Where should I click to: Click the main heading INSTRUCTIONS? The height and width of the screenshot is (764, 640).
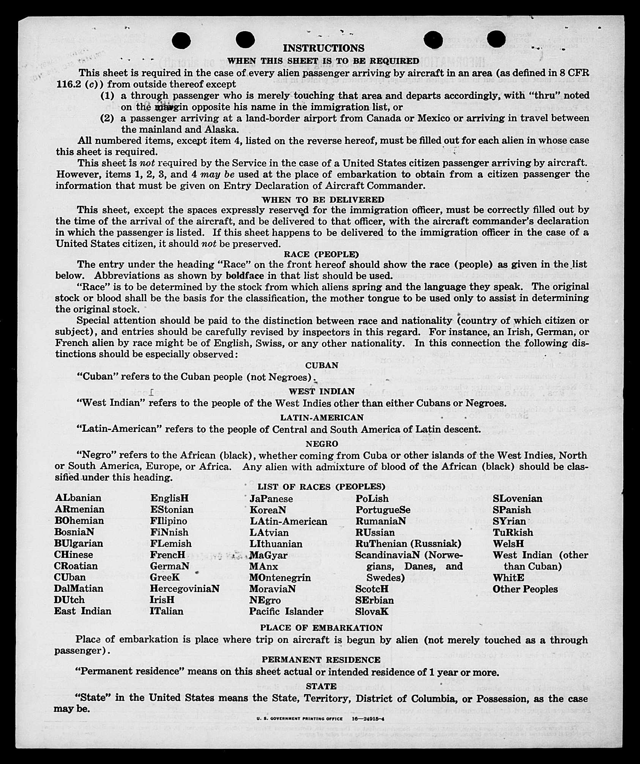point(323,48)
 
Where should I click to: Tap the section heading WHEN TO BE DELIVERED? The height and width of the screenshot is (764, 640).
point(323,200)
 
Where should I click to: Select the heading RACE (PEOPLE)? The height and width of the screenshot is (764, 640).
point(322,254)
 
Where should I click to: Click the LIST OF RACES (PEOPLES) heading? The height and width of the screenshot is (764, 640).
point(322,487)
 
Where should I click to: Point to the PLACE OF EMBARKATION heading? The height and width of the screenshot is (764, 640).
point(321,628)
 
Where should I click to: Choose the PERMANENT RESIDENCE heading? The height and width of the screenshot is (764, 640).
point(321,660)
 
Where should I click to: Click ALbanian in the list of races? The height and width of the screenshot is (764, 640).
point(78,498)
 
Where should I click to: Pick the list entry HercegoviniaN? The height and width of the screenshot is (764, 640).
point(184,589)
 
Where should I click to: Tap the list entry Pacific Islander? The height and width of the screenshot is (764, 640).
point(286,611)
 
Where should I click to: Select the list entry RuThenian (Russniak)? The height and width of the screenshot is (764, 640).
point(408,543)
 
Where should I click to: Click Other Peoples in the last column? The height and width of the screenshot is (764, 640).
point(525,589)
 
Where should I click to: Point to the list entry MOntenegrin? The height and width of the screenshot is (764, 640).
point(280,578)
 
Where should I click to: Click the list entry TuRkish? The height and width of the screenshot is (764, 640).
point(513,532)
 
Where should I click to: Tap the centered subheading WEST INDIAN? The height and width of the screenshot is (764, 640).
point(322,391)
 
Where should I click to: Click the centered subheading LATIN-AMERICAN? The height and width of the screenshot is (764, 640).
point(322,417)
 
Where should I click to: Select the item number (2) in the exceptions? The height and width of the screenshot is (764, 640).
point(107,118)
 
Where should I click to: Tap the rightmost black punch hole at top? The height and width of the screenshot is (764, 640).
point(496,39)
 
